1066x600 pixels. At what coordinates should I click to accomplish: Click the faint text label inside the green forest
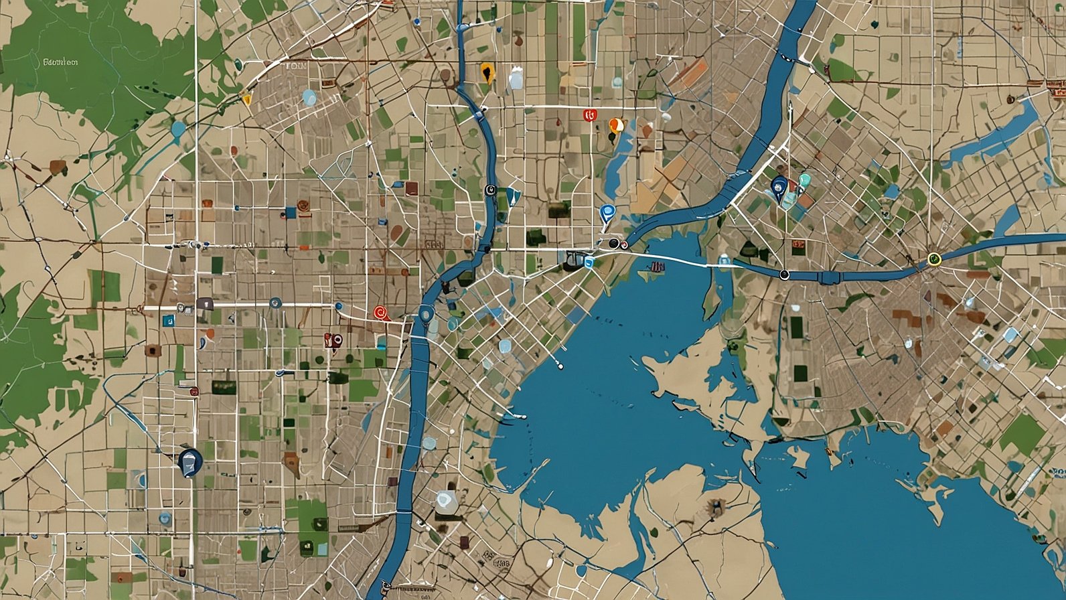[60, 62]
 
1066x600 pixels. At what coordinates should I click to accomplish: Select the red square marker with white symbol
[590, 115]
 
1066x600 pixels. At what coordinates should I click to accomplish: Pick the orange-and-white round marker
[615, 125]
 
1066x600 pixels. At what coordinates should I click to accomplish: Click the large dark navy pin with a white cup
[190, 461]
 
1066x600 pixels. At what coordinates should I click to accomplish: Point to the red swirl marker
[380, 311]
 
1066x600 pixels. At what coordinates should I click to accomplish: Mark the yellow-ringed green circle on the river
[934, 258]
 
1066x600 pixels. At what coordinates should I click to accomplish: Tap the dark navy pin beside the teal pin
[778, 187]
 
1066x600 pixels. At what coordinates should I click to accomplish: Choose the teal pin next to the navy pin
[804, 180]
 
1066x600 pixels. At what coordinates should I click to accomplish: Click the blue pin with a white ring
[607, 213]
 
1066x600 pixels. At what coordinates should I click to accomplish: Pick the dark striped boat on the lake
[656, 267]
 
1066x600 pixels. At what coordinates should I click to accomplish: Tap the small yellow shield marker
[246, 100]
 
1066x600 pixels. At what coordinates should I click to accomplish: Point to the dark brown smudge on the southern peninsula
[715, 508]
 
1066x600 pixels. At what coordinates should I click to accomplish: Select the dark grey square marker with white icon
[205, 303]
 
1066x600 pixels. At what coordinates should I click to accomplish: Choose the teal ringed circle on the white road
[275, 303]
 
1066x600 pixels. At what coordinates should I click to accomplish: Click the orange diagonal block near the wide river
[696, 69]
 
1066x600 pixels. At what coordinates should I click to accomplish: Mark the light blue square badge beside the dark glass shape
[589, 262]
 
